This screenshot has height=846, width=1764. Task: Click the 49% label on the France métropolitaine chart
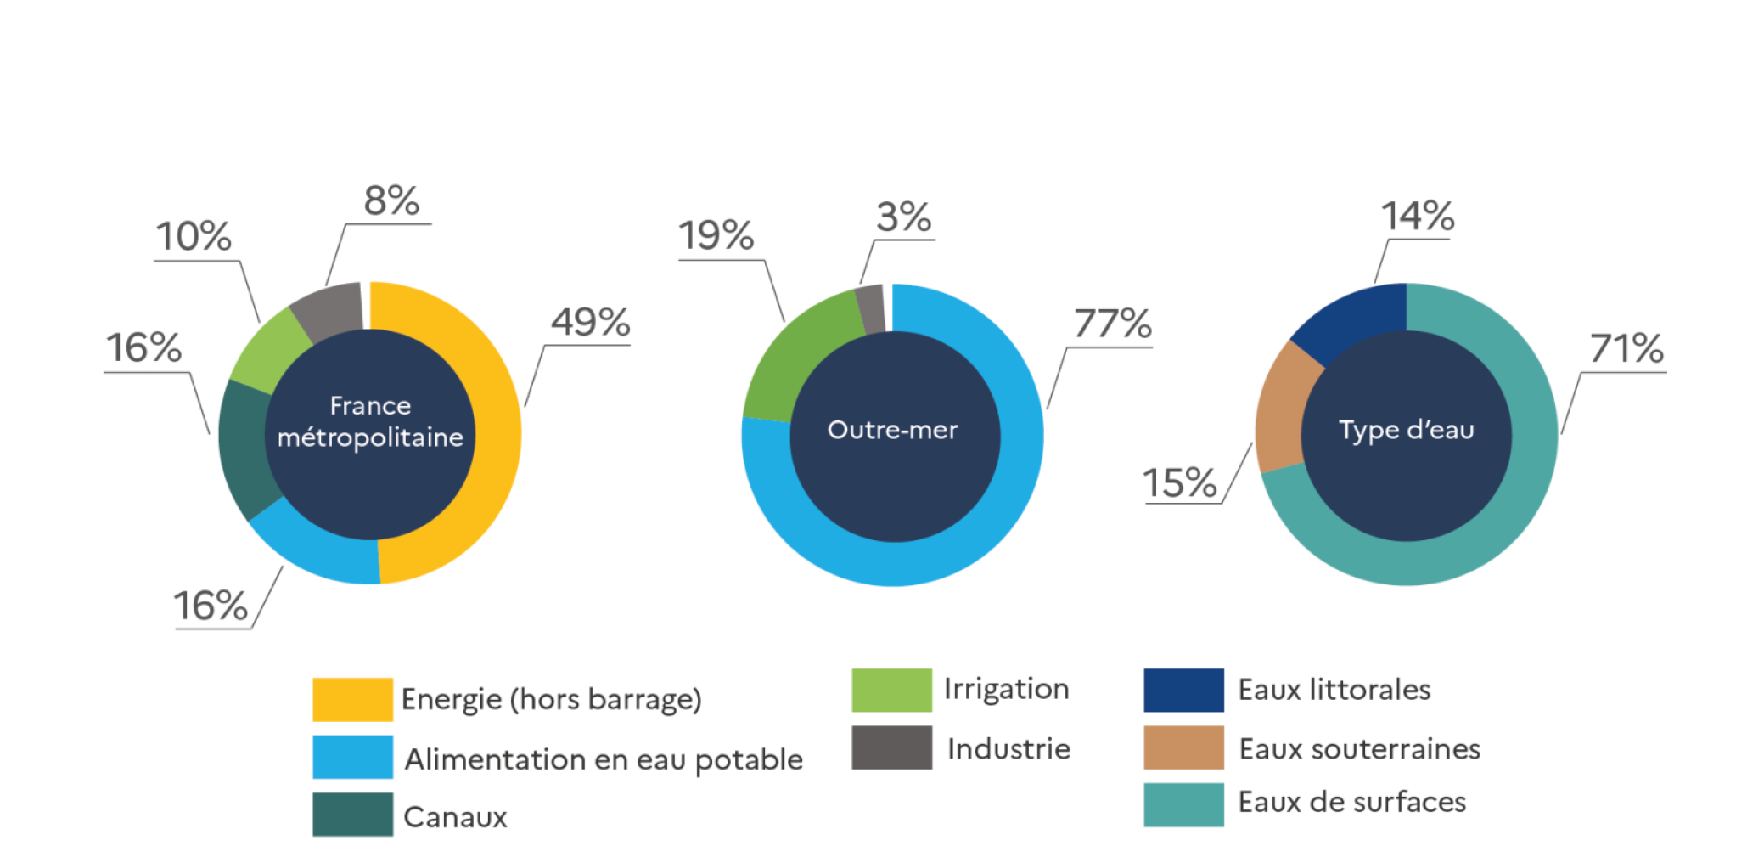[x=590, y=322]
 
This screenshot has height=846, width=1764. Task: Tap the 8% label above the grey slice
[x=391, y=201]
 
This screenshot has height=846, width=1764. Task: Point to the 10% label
[x=194, y=236]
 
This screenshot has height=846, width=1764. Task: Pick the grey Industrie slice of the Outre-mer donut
[x=870, y=308]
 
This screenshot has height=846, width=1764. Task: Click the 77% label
[x=1112, y=324]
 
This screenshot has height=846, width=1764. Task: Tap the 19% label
[x=716, y=235]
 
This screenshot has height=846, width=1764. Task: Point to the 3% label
[x=903, y=217]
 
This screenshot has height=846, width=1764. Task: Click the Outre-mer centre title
[x=892, y=430]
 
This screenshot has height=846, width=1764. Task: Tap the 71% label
[x=1626, y=348]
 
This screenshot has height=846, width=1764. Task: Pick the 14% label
[x=1417, y=216]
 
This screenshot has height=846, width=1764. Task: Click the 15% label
[x=1179, y=482]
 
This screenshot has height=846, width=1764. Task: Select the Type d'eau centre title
[x=1406, y=430]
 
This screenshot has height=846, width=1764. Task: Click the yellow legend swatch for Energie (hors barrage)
[x=352, y=699]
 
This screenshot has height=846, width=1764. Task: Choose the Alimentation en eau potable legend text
[x=603, y=759]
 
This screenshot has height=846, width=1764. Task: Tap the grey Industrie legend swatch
[x=891, y=747]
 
